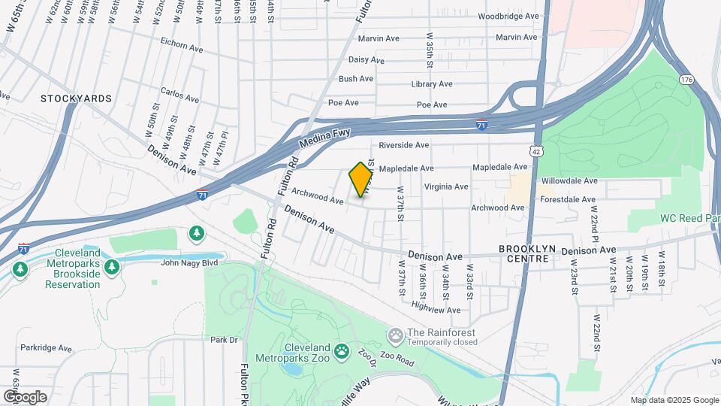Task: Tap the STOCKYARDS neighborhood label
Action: click(x=76, y=98)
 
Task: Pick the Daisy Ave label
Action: click(x=367, y=60)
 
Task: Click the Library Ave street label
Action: click(x=432, y=84)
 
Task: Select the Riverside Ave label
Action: click(x=404, y=145)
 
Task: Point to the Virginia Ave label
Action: click(x=446, y=186)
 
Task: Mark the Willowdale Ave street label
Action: click(x=569, y=181)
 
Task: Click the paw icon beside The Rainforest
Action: click(x=395, y=334)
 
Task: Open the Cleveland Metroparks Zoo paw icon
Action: click(x=342, y=350)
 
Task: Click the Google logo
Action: click(x=24, y=396)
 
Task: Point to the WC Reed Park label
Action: click(x=689, y=218)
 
